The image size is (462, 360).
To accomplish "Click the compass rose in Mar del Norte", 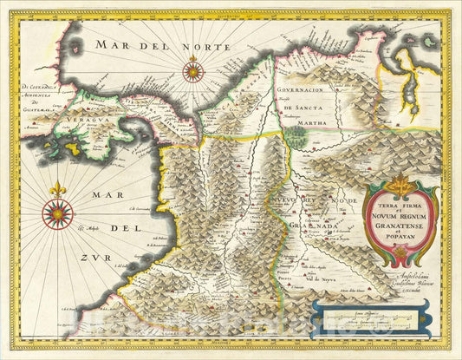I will (x=193, y=70).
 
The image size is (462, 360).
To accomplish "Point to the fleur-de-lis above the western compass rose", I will (x=58, y=188).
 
